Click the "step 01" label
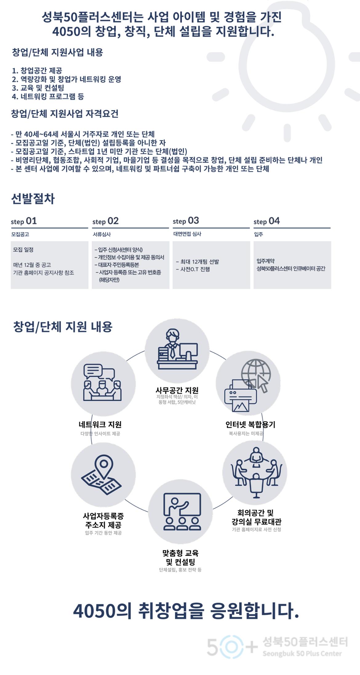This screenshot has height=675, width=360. [x=24, y=221]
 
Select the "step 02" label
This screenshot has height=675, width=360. [x=106, y=221]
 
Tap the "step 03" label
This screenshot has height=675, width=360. [x=186, y=221]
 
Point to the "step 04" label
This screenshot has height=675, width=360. [x=267, y=221]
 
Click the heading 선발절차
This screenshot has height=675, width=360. [x=33, y=199]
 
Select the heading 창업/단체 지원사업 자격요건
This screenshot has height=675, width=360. [x=65, y=114]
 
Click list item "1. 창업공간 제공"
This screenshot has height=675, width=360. [x=37, y=70]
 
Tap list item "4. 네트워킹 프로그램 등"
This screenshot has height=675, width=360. [x=48, y=97]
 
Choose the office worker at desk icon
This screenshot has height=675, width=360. [x=177, y=350]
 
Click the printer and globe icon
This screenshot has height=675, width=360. [x=248, y=383]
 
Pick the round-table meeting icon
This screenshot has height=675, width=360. [x=255, y=472]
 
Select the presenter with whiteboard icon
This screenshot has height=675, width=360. [x=181, y=512]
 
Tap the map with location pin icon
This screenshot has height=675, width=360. [x=103, y=474]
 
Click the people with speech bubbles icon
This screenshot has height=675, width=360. [x=103, y=384]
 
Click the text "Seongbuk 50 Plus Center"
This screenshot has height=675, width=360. [x=302, y=653]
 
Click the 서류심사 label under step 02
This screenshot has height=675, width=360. [x=102, y=234]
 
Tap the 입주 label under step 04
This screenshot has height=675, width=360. [x=258, y=234]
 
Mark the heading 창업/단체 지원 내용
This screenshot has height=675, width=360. [x=63, y=327]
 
